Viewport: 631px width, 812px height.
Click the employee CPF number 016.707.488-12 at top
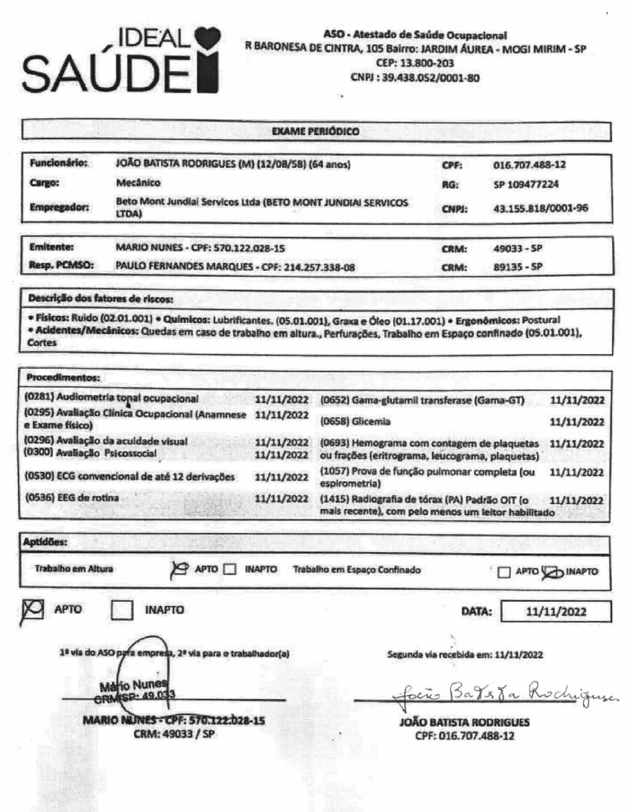[x=529, y=165]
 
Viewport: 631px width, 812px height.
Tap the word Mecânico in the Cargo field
[x=138, y=183]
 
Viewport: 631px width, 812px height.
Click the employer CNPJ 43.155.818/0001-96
[x=540, y=208]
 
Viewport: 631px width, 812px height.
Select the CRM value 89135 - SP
[x=518, y=267]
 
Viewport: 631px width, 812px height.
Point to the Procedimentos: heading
[x=63, y=378]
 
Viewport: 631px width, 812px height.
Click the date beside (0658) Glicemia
[x=577, y=422]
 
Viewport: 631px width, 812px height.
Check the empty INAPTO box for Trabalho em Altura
[x=230, y=569]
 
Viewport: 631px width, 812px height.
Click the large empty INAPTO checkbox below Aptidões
[x=122, y=610]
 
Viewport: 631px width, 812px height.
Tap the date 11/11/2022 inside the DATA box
[x=556, y=612]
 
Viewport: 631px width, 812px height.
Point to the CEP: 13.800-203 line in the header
[x=415, y=63]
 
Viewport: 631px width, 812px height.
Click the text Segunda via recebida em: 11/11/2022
[x=465, y=655]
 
